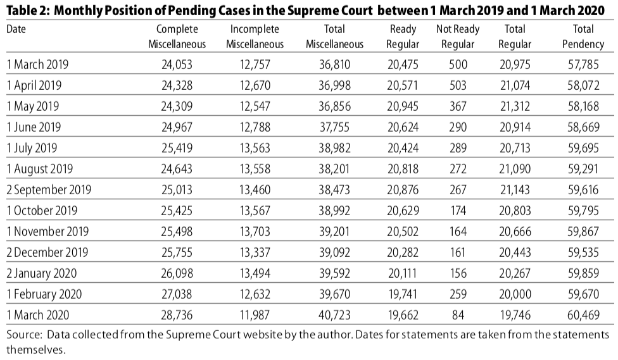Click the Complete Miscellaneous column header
(177, 37)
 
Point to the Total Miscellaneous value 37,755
(334, 127)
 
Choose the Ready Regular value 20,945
(403, 106)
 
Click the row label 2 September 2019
(49, 190)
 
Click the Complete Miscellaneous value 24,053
(177, 65)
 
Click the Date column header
(16, 30)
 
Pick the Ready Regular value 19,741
(403, 294)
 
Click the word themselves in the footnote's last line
(36, 349)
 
